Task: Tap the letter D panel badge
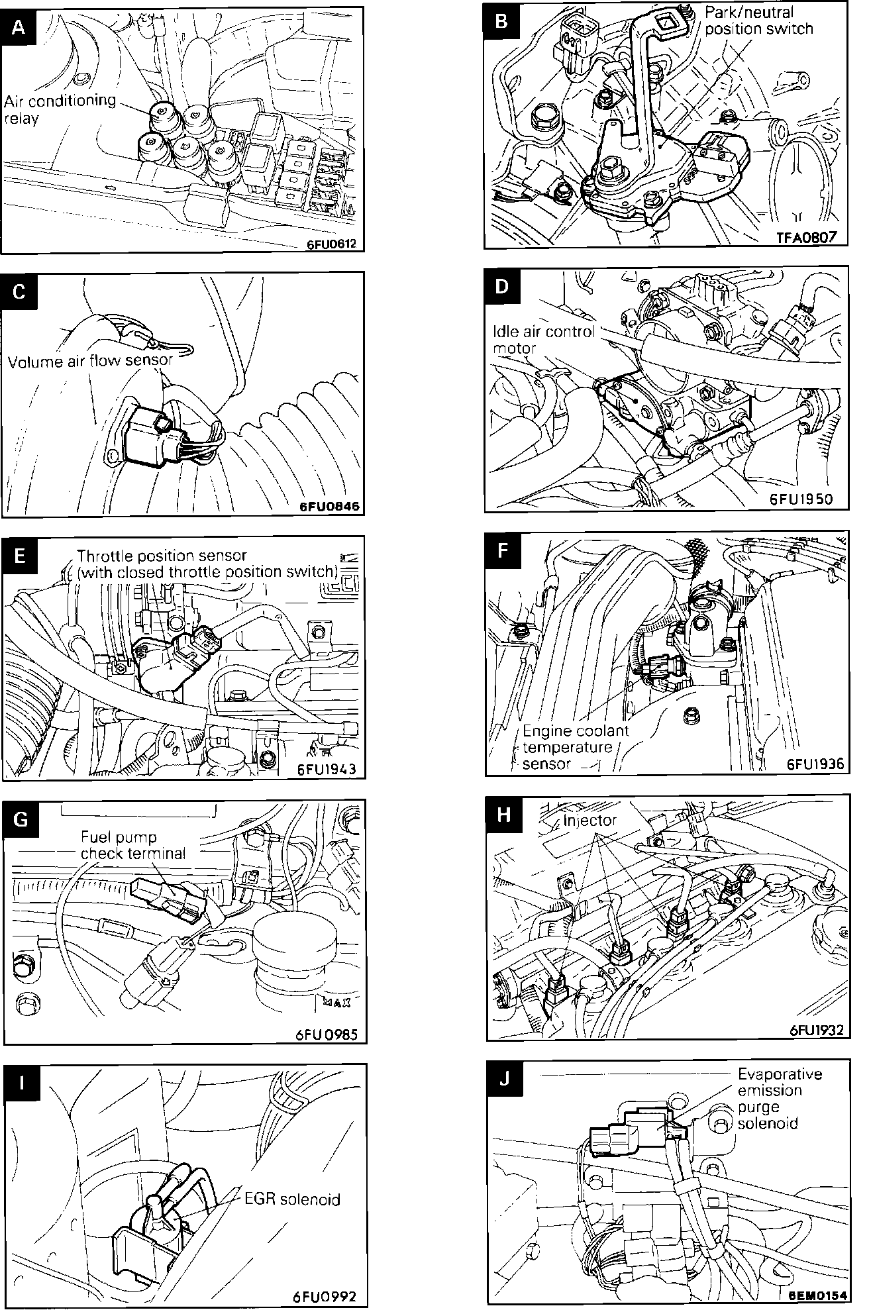point(502,287)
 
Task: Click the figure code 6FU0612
point(331,244)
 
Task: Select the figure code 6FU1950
point(810,499)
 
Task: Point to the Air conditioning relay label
point(59,109)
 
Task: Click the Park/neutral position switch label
point(758,21)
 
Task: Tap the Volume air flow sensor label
point(90,361)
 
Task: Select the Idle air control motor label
point(543,339)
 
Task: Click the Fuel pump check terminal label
point(132,846)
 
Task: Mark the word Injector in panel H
point(589,821)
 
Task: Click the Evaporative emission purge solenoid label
point(779,1099)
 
